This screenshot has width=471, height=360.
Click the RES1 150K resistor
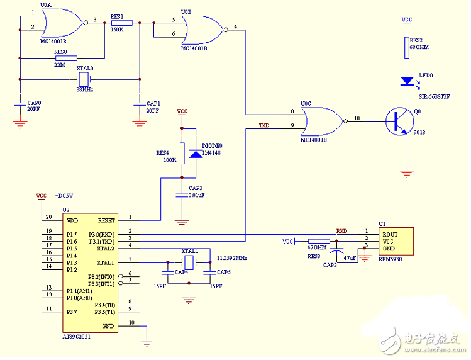pyautogui.click(x=121, y=23)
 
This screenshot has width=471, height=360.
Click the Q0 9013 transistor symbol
pyautogui.click(x=398, y=120)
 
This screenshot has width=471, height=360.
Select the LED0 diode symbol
pyautogui.click(x=406, y=81)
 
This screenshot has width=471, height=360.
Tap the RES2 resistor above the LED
pyautogui.click(x=406, y=48)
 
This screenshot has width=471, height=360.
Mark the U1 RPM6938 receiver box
pyautogui.click(x=394, y=242)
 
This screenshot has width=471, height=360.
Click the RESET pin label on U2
pyautogui.click(x=106, y=220)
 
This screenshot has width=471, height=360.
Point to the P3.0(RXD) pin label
pyautogui.click(x=102, y=234)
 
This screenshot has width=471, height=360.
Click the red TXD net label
pyautogui.click(x=265, y=126)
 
